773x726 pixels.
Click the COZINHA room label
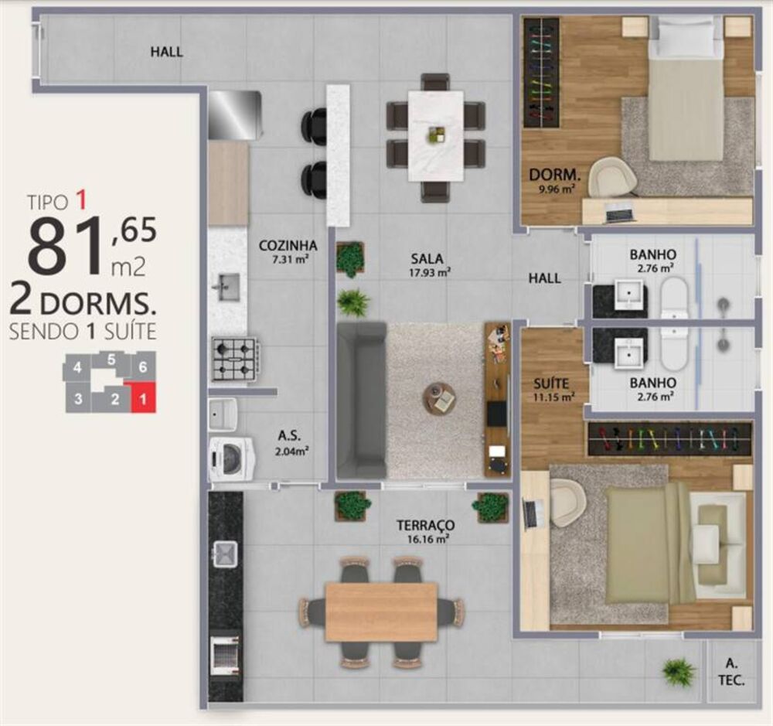(x=284, y=247)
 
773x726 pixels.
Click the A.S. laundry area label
(x=289, y=435)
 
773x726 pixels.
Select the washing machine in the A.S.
(x=231, y=458)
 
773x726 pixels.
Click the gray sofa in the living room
(x=361, y=400)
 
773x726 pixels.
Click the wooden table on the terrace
(x=382, y=612)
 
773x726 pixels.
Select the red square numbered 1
(x=142, y=398)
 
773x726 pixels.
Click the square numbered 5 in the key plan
(x=112, y=360)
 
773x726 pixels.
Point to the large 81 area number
(x=65, y=246)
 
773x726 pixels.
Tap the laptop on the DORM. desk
(x=619, y=210)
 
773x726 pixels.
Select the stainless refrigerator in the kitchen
(x=235, y=115)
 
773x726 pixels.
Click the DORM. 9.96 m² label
(x=551, y=179)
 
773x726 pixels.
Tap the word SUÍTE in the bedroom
(x=551, y=383)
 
